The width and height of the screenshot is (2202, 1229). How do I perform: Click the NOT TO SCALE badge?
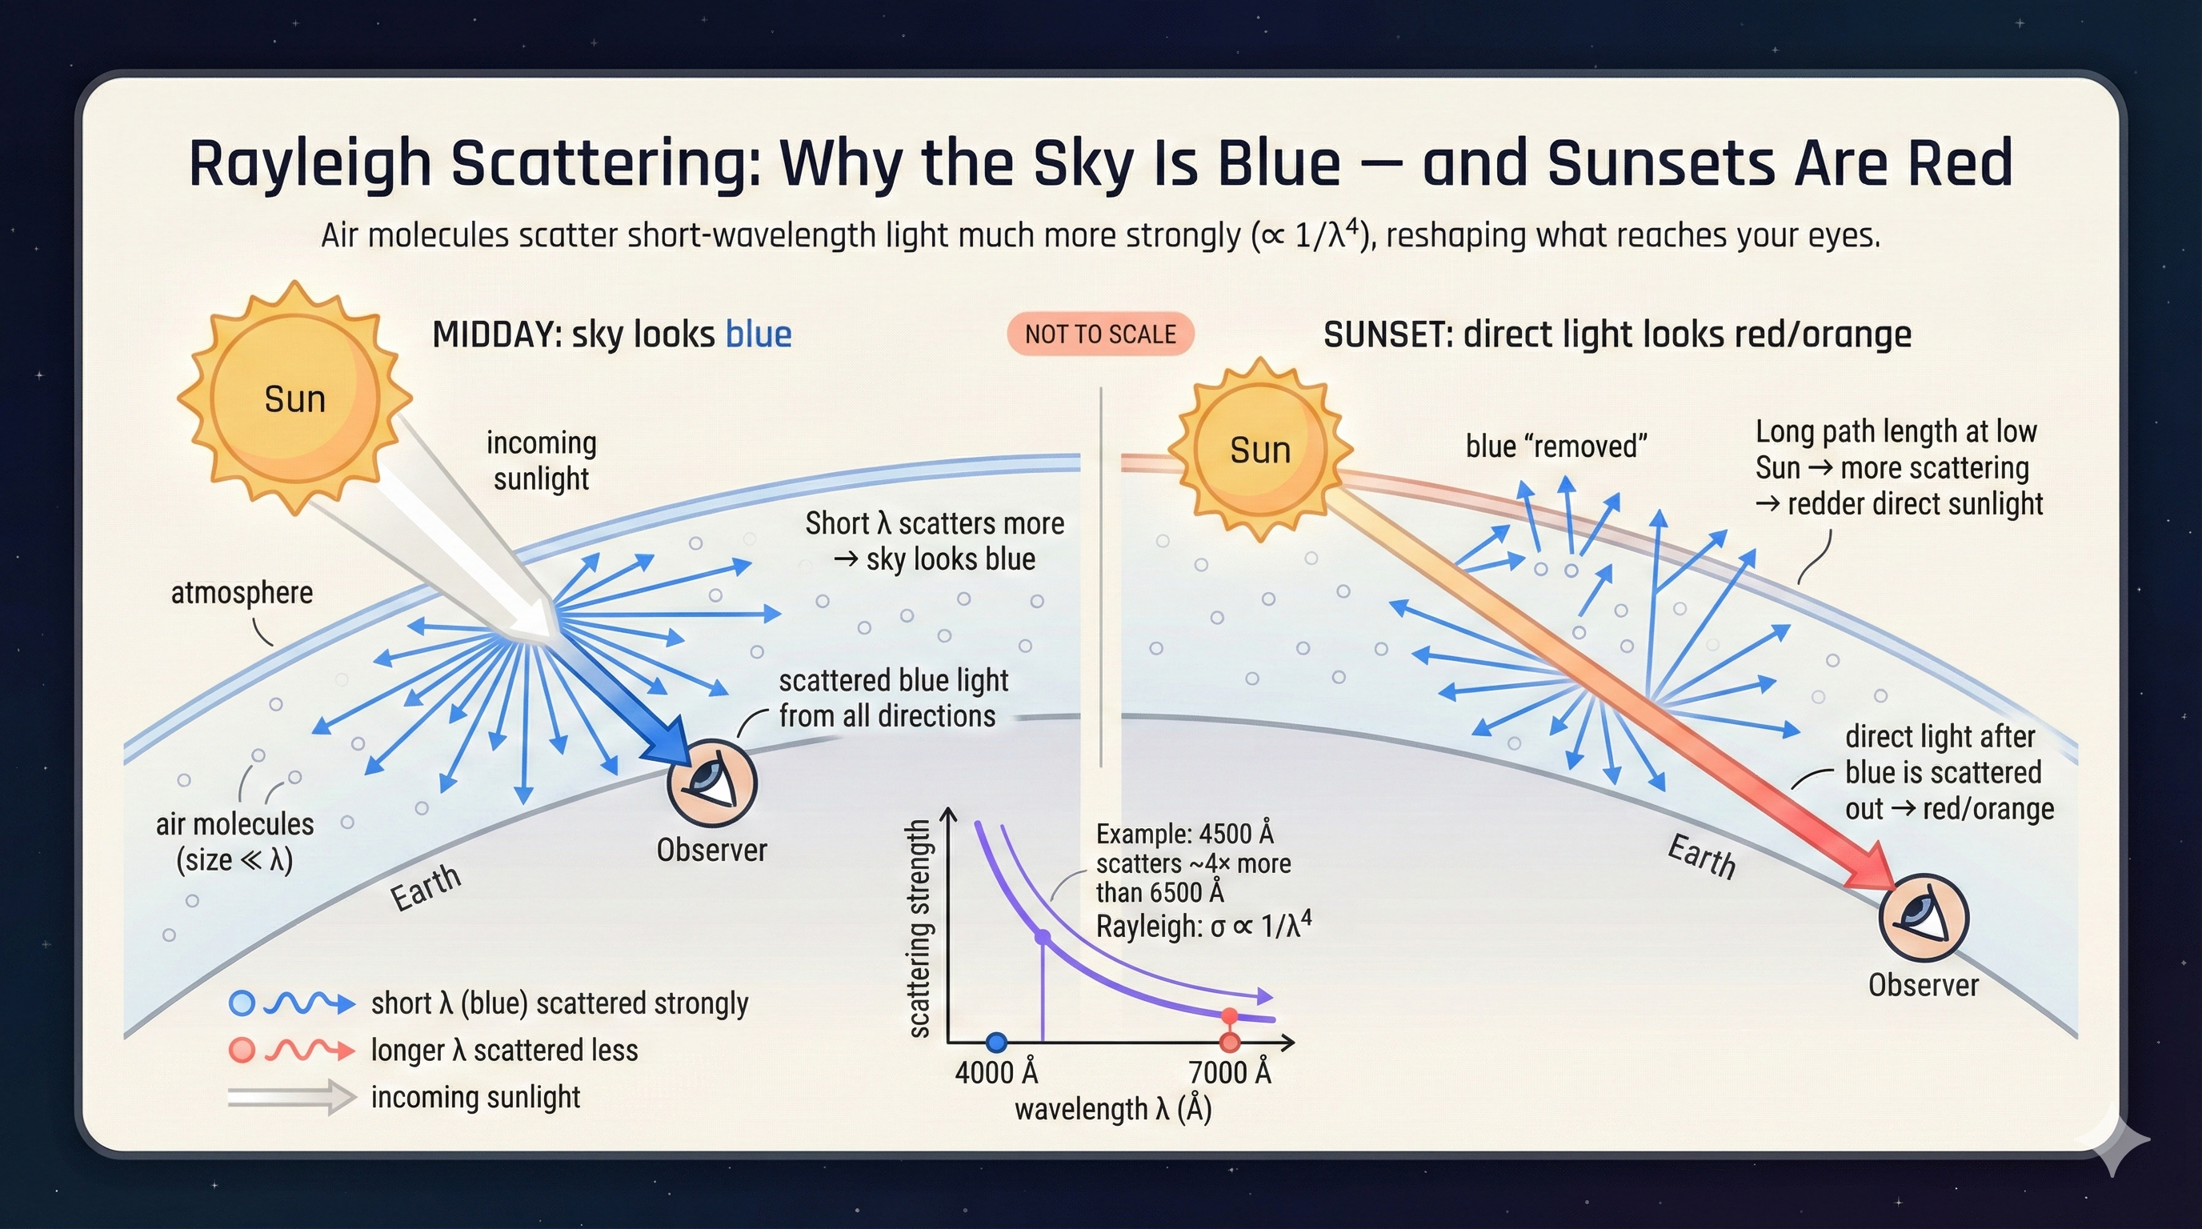1100,334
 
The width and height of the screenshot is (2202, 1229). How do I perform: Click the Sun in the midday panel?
294,399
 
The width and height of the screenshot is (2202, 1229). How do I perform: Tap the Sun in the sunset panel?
1260,450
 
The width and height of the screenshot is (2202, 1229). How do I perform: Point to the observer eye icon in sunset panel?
1924,919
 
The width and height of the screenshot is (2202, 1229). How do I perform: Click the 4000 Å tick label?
996,1071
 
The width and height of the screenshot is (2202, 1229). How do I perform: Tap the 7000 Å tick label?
1229,1071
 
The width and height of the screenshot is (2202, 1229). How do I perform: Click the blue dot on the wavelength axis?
996,1042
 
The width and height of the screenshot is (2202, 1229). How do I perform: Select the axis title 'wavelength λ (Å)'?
1113,1109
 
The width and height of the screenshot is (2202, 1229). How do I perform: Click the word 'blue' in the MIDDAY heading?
759,334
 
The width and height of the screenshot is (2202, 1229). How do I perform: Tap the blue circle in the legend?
242,1003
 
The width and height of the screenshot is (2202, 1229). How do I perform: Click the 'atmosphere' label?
242,592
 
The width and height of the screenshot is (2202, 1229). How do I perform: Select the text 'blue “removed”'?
1555,446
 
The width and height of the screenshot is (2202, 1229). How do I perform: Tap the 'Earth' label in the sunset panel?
1701,856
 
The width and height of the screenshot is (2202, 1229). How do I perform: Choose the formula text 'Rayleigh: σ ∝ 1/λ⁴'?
1203,926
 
